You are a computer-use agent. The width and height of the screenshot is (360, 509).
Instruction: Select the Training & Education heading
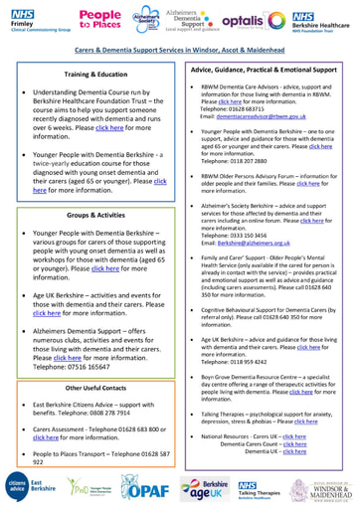tap(90, 74)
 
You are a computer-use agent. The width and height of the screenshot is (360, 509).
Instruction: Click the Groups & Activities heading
tap(90, 213)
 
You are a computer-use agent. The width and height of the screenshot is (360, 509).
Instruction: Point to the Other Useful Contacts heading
tap(90, 359)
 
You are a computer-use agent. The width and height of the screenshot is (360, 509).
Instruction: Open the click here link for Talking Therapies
tap(306, 422)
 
